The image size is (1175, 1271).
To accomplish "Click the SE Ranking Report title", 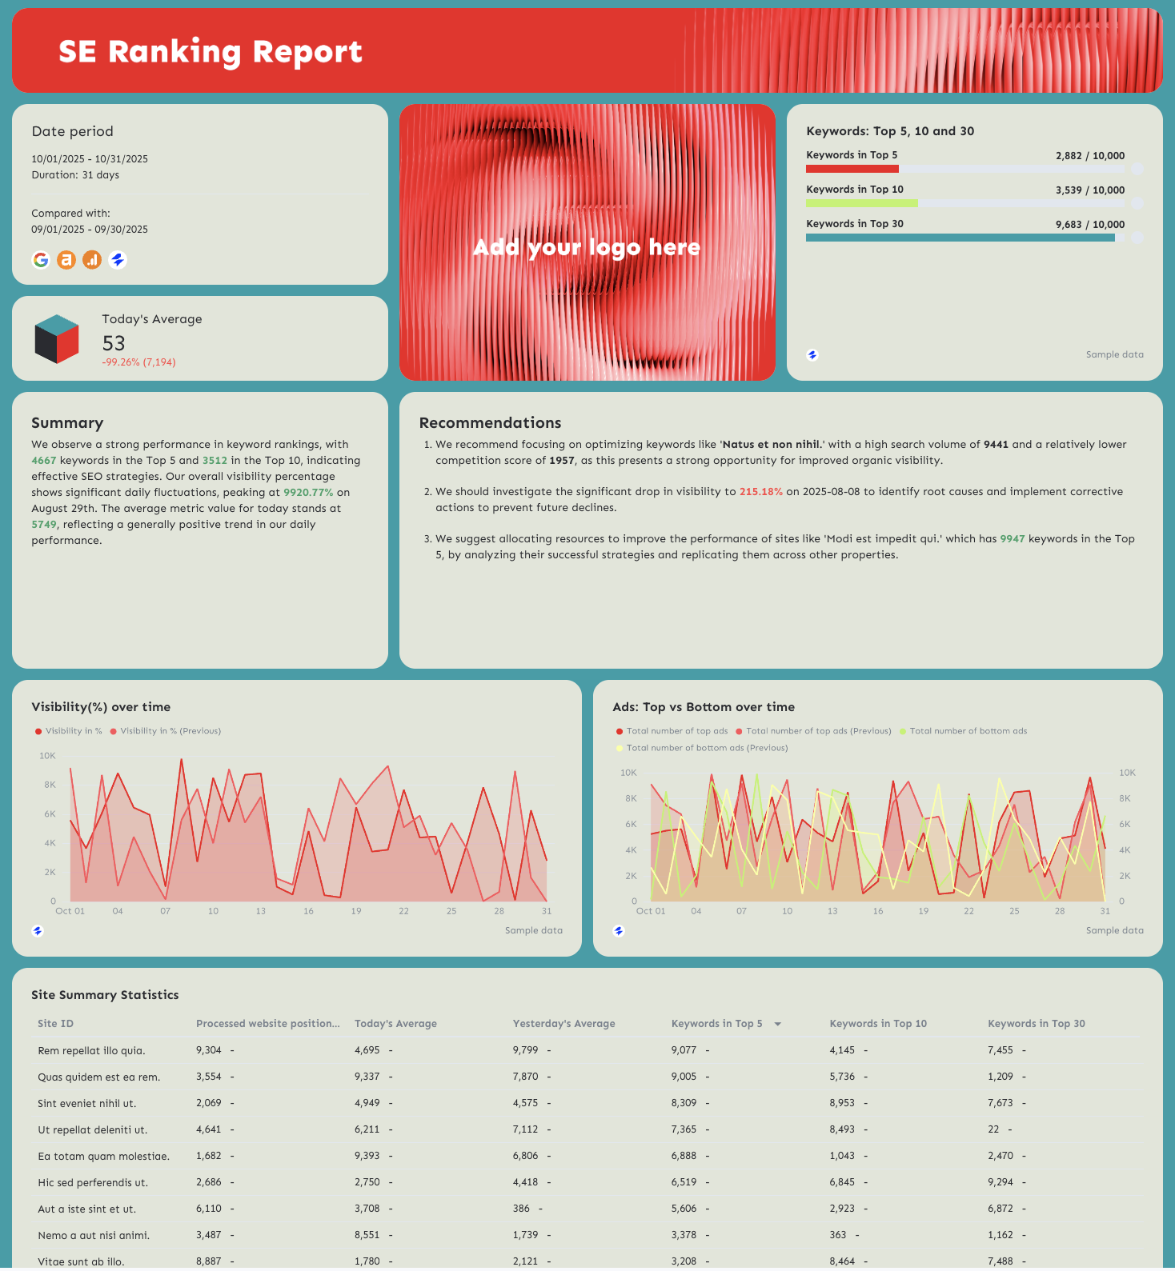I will coord(210,52).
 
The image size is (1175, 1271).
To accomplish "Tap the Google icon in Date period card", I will coord(41,260).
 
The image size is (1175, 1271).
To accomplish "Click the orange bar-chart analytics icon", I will coord(92,260).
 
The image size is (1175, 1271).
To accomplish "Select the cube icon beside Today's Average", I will coord(57,338).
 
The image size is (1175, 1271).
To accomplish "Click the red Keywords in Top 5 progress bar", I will coord(852,169).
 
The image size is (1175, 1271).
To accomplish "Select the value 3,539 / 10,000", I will coord(1089,190).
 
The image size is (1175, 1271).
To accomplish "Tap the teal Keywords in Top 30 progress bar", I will coord(960,238).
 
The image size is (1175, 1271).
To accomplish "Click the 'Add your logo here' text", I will coord(587,247).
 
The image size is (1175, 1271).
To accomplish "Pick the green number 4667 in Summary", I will coord(44,461).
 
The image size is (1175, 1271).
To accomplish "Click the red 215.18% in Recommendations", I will coord(760,492).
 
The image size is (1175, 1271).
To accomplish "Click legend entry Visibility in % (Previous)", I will coord(170,731).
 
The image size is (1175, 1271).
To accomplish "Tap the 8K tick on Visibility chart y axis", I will coord(50,785).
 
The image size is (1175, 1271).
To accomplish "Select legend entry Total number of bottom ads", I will coord(967,731).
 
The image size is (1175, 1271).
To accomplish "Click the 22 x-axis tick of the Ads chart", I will coord(968,911).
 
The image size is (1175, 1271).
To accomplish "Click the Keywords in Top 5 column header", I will coord(716,1024).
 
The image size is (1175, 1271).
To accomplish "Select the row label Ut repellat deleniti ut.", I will coord(92,1130).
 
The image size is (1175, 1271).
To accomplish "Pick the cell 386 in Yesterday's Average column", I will coord(521,1209).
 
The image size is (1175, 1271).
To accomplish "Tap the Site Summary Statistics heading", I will coord(105,995).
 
